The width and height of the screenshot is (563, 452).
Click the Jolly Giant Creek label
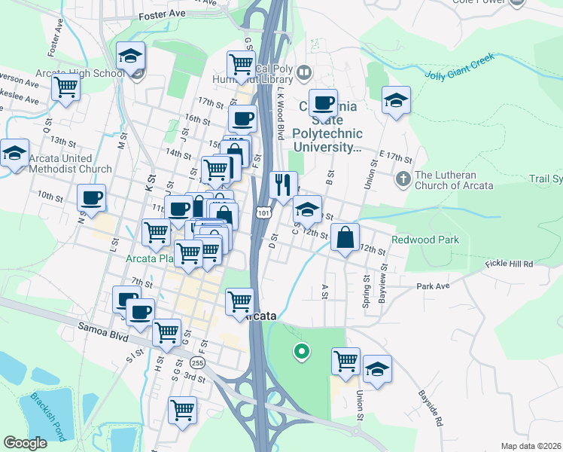tap(461, 72)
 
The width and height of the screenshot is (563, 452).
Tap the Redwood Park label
tap(425, 240)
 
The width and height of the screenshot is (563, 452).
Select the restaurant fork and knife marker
tap(283, 185)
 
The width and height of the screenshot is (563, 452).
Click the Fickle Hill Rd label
tap(509, 264)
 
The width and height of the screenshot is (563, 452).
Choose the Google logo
tap(25, 443)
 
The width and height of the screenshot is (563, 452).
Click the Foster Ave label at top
tap(162, 15)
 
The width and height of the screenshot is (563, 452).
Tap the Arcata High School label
tap(79, 74)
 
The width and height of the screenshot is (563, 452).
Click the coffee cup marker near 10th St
tap(92, 198)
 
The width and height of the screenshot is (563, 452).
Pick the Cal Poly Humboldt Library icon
tap(304, 73)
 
